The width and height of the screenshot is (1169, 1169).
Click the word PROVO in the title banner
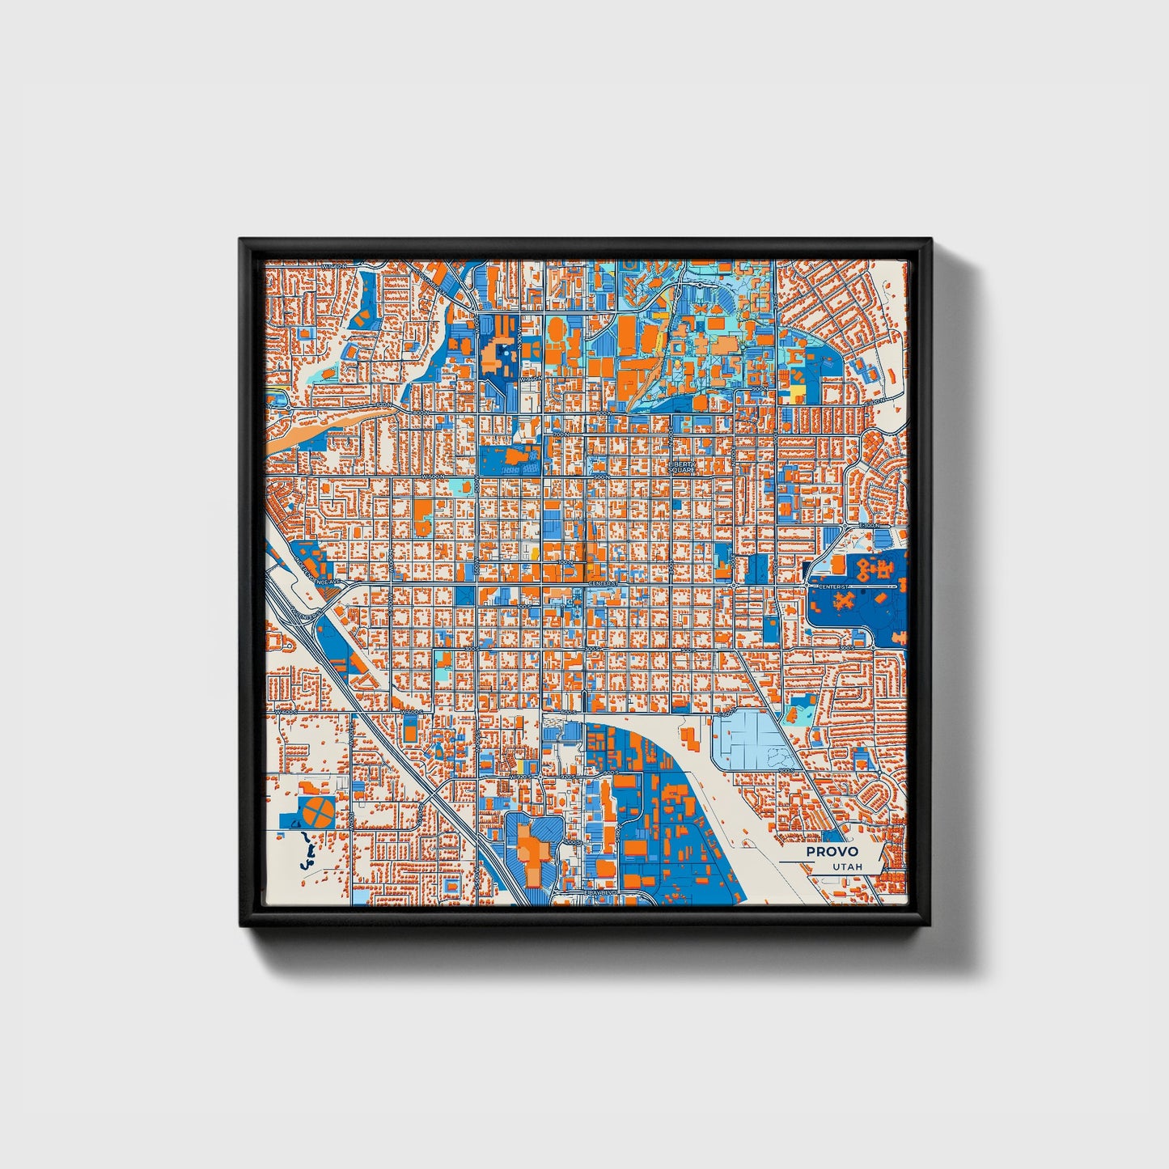click(832, 851)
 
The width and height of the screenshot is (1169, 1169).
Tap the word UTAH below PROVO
click(847, 866)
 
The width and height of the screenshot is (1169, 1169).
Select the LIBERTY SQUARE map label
click(681, 467)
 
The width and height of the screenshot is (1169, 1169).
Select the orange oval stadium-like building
click(556, 331)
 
